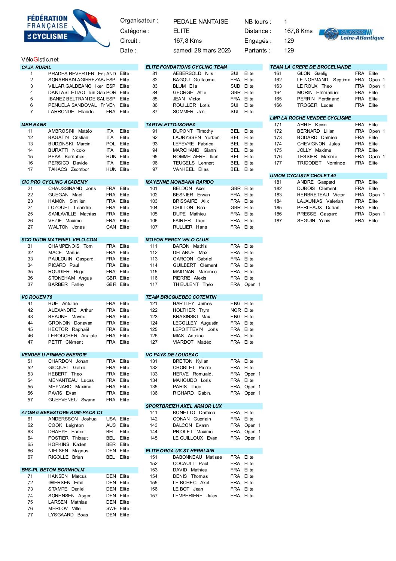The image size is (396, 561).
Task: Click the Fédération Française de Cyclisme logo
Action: pos(66,28)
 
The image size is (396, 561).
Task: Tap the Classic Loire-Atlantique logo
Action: pos(352,34)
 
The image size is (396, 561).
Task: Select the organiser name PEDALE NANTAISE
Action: pos(200,22)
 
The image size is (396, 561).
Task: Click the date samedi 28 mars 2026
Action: pos(202,51)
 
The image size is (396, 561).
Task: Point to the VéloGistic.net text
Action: pos(40,60)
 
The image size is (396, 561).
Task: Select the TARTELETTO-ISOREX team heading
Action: pos(170,125)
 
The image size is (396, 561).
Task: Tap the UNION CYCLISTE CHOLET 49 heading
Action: pos(302,176)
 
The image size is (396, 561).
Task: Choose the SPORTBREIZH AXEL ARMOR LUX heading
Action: pos(183,406)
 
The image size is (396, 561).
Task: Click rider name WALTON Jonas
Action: pos(66,227)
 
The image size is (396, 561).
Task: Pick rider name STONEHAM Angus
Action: pos(70,278)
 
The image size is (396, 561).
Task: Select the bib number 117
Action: pos(153,284)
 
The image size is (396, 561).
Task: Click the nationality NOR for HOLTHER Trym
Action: pos(235,310)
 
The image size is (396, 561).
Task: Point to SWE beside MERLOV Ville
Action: pos(111,509)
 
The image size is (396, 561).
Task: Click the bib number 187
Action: pos(278,221)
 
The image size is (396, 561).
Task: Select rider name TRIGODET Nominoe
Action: pos(321,163)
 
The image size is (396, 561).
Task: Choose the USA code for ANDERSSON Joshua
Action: pos(111,419)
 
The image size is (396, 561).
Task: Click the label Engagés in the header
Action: pos(258,41)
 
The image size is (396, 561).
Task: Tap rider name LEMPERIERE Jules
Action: pos(195,496)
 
